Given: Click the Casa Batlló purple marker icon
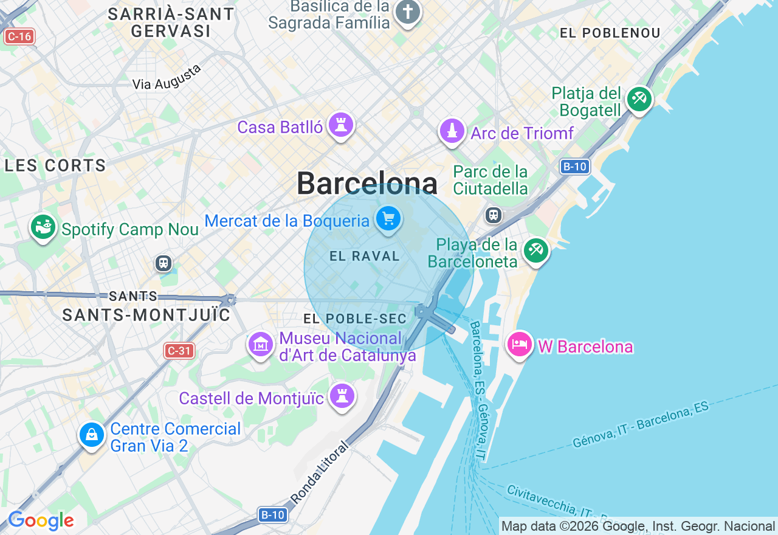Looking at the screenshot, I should [x=341, y=126].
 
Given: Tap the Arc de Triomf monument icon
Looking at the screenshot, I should [x=452, y=131].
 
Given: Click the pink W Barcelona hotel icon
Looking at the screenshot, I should [x=520, y=344].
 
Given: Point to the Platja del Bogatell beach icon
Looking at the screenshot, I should [x=639, y=98].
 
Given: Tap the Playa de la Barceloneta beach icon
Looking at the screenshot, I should [x=535, y=250].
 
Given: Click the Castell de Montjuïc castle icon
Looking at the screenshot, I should [x=342, y=396].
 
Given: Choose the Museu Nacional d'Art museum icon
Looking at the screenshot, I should [x=261, y=345].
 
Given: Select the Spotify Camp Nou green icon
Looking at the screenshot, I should [x=43, y=228].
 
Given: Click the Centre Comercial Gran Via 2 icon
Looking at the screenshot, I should [x=92, y=435].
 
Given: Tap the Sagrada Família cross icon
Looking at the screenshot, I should [x=407, y=12].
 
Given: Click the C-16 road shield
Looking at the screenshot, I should [x=19, y=36].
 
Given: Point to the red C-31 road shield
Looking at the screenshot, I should [x=179, y=350].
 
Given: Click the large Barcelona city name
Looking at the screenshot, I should [x=367, y=183].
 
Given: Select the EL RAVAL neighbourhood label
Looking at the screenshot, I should [x=365, y=257].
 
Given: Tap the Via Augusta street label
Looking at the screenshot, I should [x=167, y=78].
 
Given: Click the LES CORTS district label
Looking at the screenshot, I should [x=55, y=165].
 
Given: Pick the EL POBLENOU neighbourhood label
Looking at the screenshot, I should [x=610, y=33].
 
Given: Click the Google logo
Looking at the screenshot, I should [x=41, y=521].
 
